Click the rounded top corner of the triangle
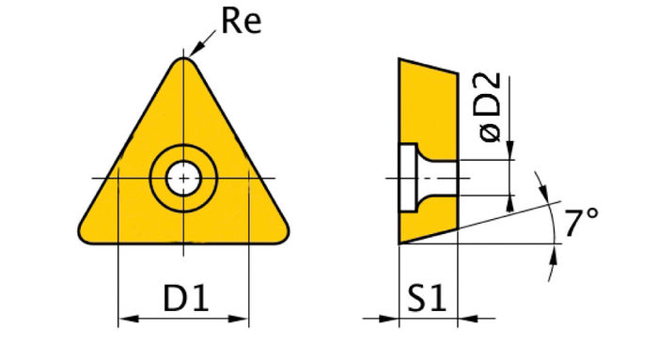[183, 62]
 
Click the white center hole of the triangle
[183, 177]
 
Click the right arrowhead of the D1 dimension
[242, 321]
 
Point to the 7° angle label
[582, 224]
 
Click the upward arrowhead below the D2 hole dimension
[511, 202]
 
